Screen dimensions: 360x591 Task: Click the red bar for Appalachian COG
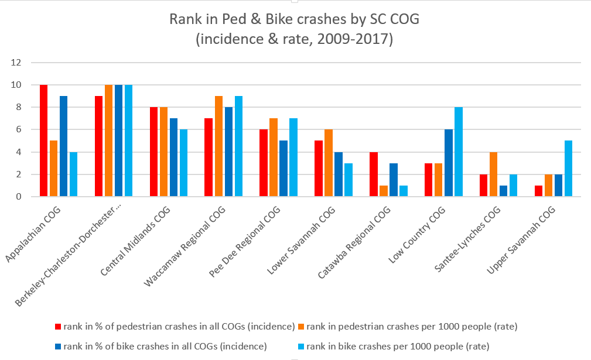click(43, 140)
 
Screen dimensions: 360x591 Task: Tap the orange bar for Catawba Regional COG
click(383, 191)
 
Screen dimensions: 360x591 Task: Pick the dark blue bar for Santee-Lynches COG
click(503, 191)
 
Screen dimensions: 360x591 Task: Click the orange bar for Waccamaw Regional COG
click(218, 146)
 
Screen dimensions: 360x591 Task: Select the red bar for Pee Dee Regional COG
click(263, 163)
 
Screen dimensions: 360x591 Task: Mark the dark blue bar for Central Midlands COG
click(173, 157)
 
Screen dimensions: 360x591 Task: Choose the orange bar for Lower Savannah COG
click(328, 163)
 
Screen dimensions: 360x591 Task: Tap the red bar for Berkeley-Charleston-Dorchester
click(98, 146)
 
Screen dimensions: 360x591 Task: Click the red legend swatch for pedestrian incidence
click(58, 326)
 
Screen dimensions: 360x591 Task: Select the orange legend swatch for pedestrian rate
click(301, 326)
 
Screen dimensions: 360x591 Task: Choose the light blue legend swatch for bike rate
click(301, 345)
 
